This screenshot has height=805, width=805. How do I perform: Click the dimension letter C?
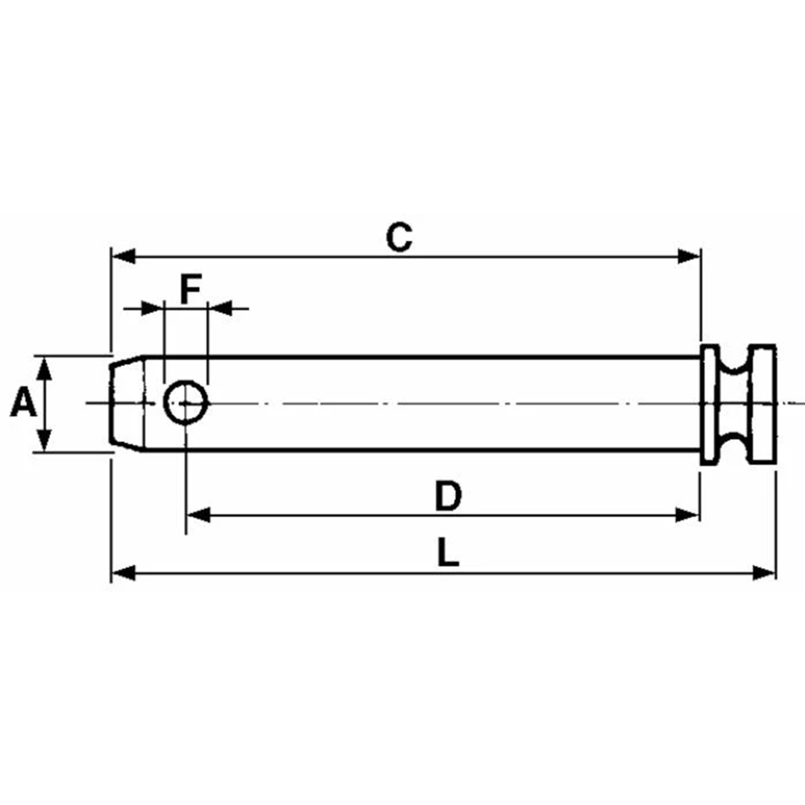point(400,238)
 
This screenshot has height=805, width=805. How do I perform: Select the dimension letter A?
point(23,404)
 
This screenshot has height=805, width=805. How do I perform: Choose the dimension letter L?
point(447,555)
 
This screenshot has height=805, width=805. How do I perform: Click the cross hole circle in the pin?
point(186,402)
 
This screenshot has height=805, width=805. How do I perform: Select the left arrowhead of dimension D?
point(198,514)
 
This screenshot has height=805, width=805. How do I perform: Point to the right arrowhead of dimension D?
point(688,514)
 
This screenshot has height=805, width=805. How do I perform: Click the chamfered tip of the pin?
point(126,403)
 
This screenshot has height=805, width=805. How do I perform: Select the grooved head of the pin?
point(739,405)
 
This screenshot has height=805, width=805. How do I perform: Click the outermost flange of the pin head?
point(763,405)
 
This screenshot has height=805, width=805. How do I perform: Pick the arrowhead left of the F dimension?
point(152,306)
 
